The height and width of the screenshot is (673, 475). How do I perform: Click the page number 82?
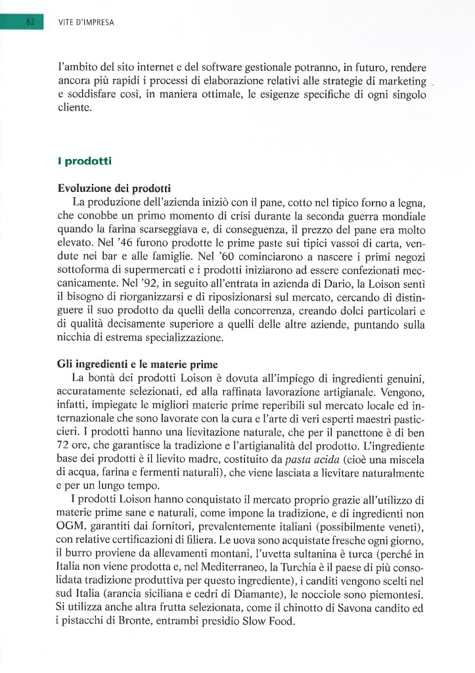[x=30, y=21]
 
